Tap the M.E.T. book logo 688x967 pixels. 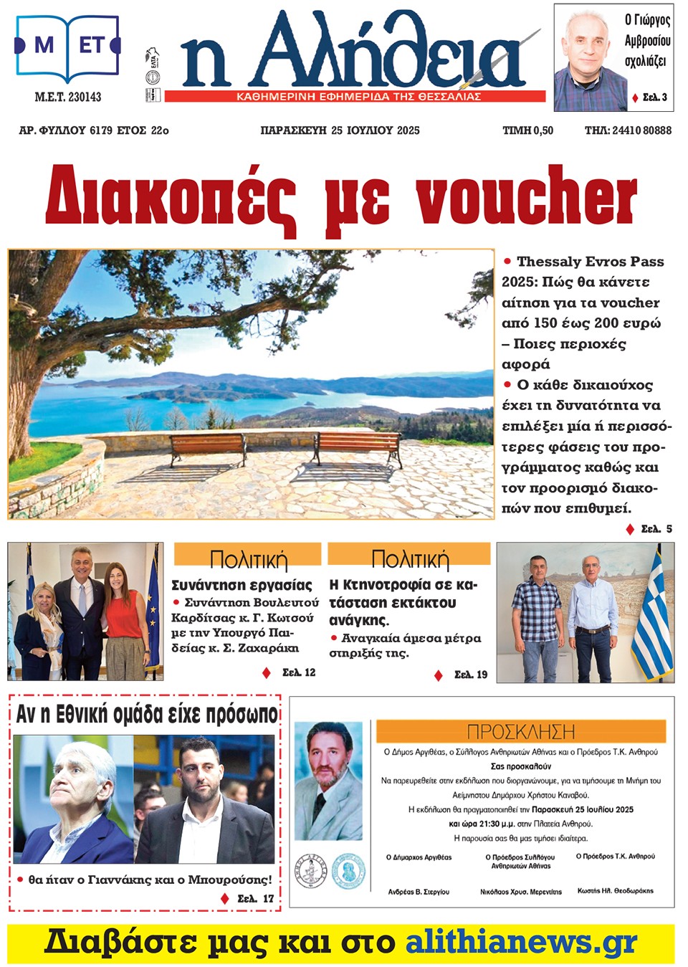[x=67, y=47]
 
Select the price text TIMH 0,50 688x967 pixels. [x=527, y=130]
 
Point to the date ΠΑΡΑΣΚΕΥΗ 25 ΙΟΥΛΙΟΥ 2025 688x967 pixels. [x=340, y=130]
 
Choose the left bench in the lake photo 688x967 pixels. [x=206, y=449]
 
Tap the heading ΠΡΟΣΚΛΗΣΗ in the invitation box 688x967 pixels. [x=520, y=732]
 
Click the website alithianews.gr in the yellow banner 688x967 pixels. [x=521, y=942]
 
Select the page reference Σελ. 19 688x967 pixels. [x=471, y=675]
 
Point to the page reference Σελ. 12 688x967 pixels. [x=299, y=672]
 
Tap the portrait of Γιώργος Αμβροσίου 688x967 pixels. [x=587, y=57]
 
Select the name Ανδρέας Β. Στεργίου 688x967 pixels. [x=419, y=892]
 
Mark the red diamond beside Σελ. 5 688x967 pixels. [x=630, y=529]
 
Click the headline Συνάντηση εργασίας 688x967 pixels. [x=242, y=585]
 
